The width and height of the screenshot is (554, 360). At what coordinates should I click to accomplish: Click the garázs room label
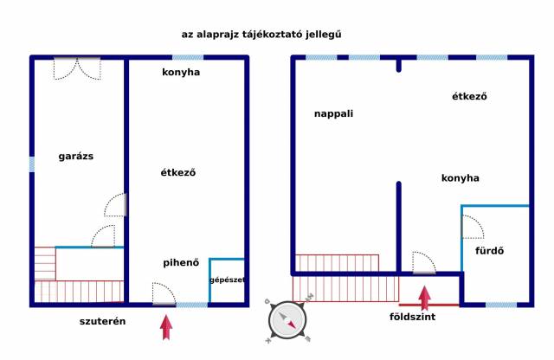76,156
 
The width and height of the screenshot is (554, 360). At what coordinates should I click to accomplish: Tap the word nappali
333,113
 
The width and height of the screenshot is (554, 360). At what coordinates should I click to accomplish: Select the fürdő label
489,251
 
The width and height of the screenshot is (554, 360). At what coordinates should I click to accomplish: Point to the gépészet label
227,280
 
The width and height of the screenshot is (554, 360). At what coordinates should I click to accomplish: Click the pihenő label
181,263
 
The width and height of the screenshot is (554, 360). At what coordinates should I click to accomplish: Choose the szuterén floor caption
102,322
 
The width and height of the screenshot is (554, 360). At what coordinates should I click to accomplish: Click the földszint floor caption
412,317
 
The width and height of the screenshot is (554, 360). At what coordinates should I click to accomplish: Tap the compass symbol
287,320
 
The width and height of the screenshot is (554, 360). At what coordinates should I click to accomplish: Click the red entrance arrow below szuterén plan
166,327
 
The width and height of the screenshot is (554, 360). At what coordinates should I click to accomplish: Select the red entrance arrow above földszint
425,299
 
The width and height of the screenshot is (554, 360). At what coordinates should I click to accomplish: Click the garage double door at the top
77,68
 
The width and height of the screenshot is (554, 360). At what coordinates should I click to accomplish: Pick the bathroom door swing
473,227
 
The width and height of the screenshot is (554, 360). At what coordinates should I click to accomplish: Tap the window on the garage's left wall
32,164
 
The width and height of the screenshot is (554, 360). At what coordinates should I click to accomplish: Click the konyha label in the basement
181,73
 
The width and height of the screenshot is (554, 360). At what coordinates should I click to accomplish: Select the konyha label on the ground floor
460,178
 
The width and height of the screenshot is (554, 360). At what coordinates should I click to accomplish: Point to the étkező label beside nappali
469,96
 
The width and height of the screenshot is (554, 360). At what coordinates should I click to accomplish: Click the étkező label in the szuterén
178,172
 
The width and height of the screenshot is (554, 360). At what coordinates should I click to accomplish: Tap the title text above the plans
261,35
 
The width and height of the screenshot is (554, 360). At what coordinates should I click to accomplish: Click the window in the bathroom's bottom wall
501,305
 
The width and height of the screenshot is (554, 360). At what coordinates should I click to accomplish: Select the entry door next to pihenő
164,294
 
